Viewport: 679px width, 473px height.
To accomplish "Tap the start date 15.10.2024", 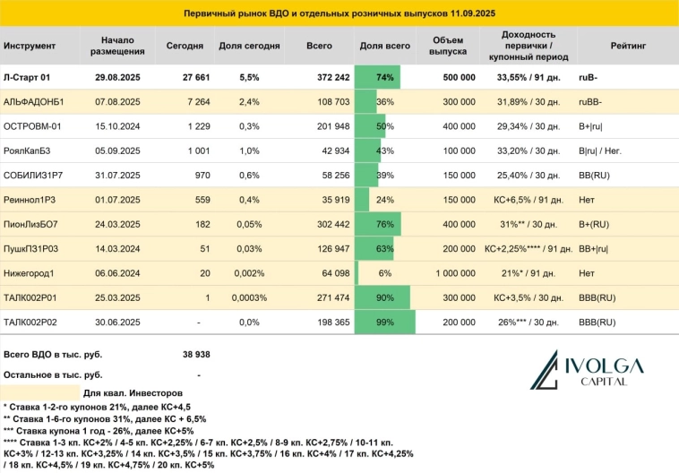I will coord(116,126).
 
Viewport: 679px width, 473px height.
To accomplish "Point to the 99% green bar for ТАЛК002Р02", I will coord(386,321).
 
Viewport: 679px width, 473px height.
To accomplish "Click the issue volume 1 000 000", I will coord(452,272).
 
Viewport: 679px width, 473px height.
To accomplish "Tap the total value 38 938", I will coord(195,355).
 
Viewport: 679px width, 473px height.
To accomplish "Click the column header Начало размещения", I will coord(116,45).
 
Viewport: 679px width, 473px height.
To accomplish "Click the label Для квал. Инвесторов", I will coord(133,392).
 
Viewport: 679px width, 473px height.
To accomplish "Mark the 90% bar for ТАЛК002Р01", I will coord(383,297).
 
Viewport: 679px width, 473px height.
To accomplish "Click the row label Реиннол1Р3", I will coord(31,199).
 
